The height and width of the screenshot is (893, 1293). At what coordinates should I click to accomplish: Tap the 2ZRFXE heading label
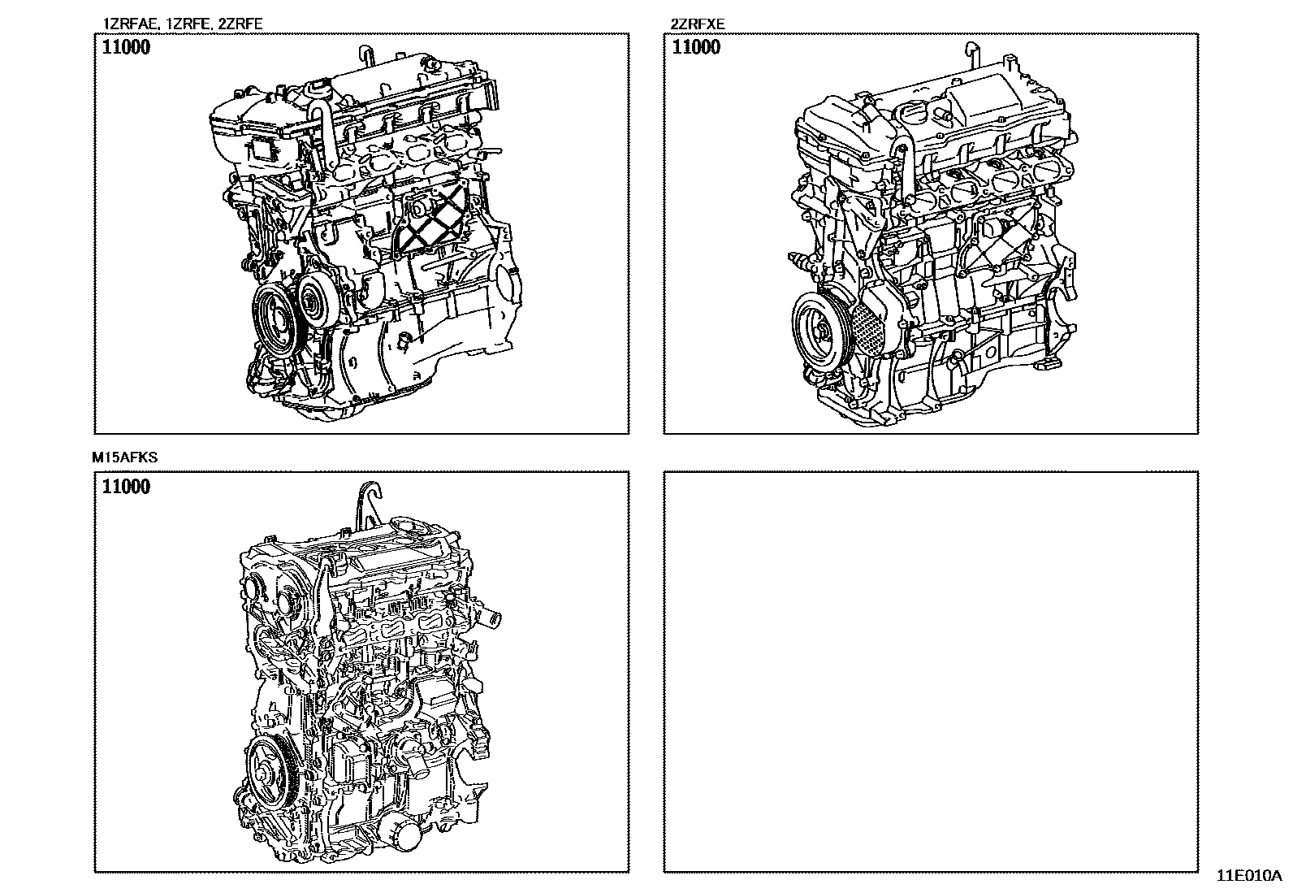click(698, 24)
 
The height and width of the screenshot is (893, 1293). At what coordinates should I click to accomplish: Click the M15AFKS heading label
click(125, 457)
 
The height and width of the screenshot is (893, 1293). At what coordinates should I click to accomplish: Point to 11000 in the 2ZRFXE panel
click(696, 47)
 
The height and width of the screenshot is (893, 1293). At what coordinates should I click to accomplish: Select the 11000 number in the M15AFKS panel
click(126, 487)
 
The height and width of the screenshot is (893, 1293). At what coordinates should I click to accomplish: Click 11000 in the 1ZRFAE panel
click(126, 47)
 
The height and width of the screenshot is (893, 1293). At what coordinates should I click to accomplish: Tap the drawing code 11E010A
click(1248, 877)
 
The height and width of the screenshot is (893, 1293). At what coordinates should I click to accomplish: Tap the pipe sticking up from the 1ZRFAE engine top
click(365, 58)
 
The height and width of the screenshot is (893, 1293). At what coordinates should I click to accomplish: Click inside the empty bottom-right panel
click(930, 670)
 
